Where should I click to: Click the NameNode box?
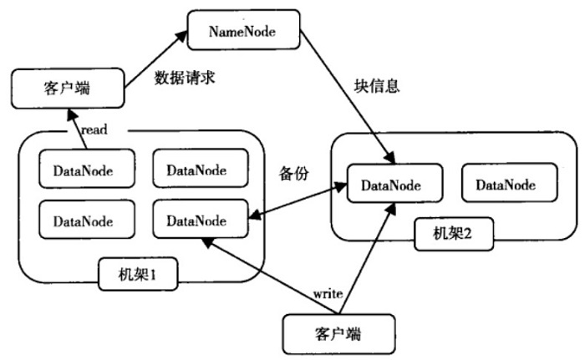tap(242, 31)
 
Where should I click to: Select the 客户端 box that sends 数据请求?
tap(66, 89)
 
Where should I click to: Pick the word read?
tap(94, 130)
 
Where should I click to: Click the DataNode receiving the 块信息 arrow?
tap(390, 185)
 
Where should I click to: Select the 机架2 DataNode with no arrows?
tap(505, 185)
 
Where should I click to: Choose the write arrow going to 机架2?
tap(368, 251)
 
